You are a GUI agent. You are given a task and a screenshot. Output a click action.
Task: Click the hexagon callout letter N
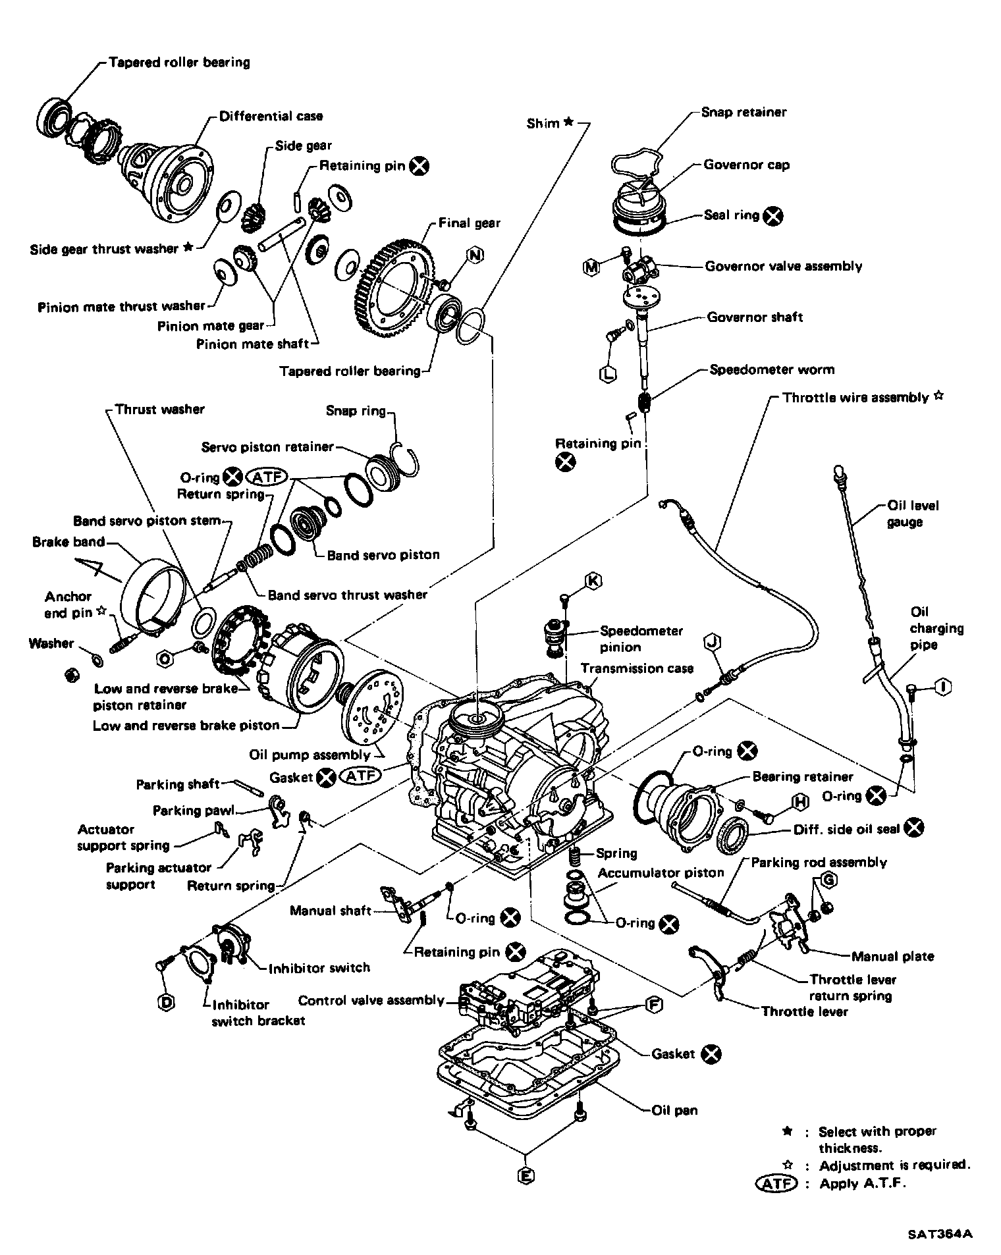coord(475,255)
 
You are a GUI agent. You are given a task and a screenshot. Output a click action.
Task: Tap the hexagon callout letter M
coord(591,267)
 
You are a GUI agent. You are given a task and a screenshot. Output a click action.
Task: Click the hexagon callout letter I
coord(943,687)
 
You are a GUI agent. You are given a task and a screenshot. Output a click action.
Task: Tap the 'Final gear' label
coord(470,223)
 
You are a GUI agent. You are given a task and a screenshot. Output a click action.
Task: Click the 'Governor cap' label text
coord(746,165)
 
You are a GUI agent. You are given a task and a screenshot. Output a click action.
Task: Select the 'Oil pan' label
coord(674,1111)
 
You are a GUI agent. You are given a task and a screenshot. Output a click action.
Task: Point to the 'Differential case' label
coord(271,117)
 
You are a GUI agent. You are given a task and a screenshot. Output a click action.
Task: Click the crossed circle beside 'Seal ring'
coord(774,215)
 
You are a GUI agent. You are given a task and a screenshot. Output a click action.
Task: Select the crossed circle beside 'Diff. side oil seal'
coord(913,828)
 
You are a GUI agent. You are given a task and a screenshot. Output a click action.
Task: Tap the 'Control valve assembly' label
coord(371,1001)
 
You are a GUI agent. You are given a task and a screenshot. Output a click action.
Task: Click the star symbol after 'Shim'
coord(568,122)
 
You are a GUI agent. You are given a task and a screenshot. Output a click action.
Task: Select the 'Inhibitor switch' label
coord(319,968)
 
